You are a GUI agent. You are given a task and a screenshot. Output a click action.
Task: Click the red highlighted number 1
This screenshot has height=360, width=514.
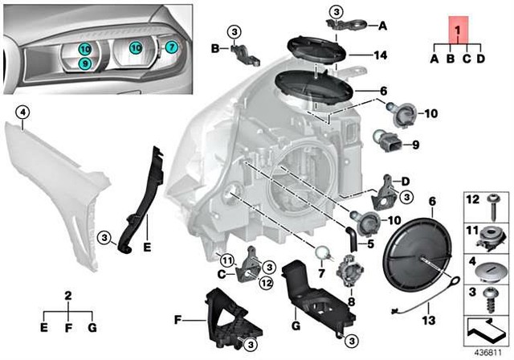coord(458,31)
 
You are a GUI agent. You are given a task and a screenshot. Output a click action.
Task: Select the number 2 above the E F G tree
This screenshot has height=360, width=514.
coord(69,296)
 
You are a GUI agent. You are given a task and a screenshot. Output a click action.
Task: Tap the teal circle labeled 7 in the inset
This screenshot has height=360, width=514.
coord(171,47)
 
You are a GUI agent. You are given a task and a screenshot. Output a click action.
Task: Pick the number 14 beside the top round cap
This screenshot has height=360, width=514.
coord(379,55)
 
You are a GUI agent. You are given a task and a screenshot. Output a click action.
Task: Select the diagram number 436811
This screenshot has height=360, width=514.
coord(487,351)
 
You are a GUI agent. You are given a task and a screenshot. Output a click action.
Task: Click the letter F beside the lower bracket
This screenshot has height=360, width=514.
coord(177,319)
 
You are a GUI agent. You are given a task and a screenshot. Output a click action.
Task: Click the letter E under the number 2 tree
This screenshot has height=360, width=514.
coord(44,327)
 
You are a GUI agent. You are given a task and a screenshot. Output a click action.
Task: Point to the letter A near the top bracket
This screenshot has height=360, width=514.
coord(383,25)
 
